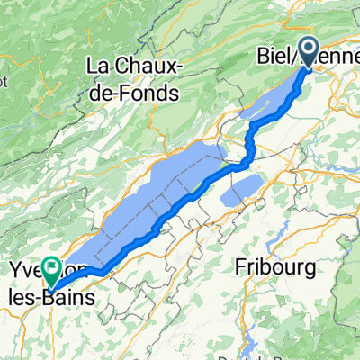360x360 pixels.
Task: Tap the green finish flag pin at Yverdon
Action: [53, 267]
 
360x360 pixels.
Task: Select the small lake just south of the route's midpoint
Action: [239, 190]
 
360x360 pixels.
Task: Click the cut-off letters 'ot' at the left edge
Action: [4, 79]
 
